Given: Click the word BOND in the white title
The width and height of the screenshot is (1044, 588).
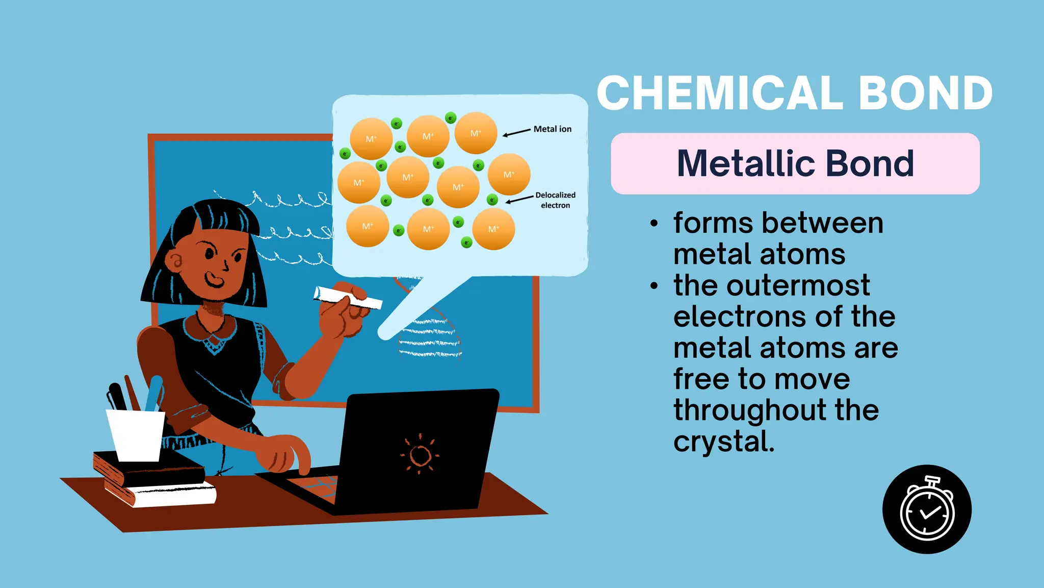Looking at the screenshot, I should point(926,93).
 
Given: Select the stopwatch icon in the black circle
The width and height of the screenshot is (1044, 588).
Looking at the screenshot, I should point(927,509).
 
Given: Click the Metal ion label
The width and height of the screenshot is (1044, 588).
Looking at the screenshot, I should point(553,129).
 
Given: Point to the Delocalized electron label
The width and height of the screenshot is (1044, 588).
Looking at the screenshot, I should point(555,200).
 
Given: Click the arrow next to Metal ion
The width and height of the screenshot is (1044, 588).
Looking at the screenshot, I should point(516,133).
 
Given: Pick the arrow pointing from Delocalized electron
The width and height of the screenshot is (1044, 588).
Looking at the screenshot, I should point(519,199).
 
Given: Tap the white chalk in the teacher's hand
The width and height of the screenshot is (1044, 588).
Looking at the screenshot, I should point(348,299).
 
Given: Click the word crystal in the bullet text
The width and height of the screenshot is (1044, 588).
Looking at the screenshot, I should point(724,442).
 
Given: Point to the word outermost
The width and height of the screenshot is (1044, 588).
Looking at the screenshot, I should point(798,285).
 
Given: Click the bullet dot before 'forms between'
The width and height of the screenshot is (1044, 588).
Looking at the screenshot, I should point(655,224).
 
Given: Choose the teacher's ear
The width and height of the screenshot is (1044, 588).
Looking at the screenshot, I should point(175,261).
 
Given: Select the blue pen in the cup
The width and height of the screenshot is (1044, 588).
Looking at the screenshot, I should point(153,393).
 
